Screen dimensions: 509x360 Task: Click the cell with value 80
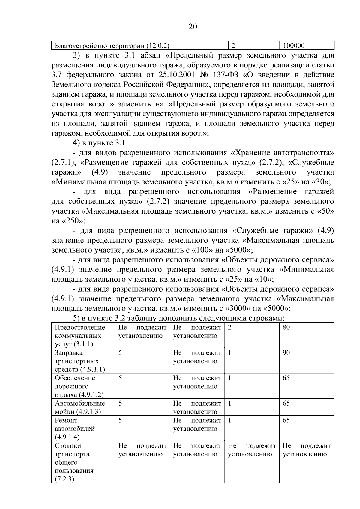pyautogui.click(x=286, y=327)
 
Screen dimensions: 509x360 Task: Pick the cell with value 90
pyautogui.click(x=286, y=353)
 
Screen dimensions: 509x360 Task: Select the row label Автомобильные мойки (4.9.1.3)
pyautogui.click(x=80, y=407)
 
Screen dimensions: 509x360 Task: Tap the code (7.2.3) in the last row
pyautogui.click(x=64, y=479)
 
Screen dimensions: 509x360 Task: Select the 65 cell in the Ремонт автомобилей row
pyautogui.click(x=286, y=420)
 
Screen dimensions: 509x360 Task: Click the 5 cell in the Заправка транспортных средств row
pyautogui.click(x=120, y=353)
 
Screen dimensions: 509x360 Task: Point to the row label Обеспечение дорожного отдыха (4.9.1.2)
pyautogui.click(x=79, y=386)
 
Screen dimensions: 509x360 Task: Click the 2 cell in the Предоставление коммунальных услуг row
pyautogui.click(x=230, y=327)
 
